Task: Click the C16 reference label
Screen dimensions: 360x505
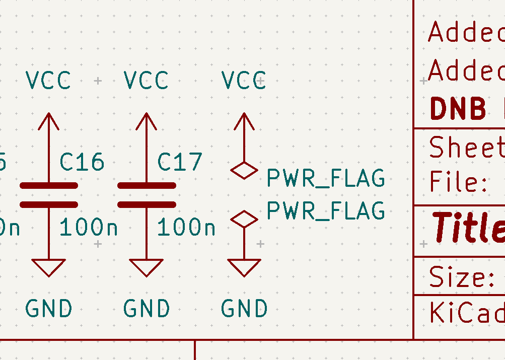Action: (82, 162)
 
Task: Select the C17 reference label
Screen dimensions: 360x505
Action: (180, 162)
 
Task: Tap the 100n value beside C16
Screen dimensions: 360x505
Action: (89, 228)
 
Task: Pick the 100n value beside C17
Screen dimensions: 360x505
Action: (186, 228)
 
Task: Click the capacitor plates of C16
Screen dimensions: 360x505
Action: (49, 195)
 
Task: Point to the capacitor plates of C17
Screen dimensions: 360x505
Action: (147, 195)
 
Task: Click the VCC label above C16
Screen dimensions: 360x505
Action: (48, 81)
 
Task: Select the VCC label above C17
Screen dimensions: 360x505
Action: (146, 81)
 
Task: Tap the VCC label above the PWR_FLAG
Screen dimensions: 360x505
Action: (244, 81)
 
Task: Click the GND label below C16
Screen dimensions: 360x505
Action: (48, 309)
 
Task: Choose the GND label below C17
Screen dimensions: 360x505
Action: (146, 309)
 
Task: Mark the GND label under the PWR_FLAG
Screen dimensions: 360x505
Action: (244, 309)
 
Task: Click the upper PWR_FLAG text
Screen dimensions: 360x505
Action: (325, 178)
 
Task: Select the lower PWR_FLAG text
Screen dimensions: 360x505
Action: (325, 210)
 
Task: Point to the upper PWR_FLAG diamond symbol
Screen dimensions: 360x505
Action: (244, 171)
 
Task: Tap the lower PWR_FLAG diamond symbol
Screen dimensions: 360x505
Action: (244, 219)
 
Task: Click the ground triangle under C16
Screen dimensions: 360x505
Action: (49, 267)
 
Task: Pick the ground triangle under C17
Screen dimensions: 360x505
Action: (147, 267)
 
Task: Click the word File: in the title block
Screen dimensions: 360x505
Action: (458, 182)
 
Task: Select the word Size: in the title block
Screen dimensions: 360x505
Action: (461, 277)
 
